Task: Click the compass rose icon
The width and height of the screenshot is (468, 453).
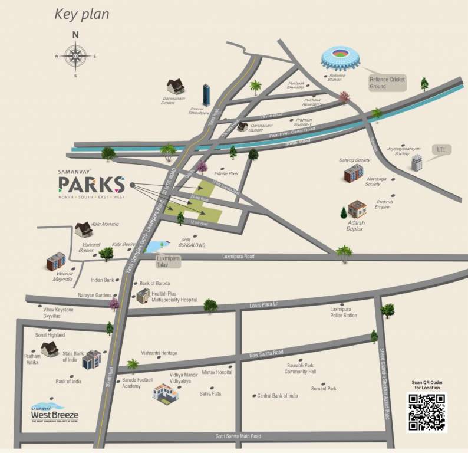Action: tap(75, 55)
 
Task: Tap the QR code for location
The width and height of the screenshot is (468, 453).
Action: tap(426, 412)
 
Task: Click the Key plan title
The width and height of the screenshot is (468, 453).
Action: tap(82, 14)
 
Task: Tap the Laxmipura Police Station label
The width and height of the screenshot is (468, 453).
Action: tap(344, 312)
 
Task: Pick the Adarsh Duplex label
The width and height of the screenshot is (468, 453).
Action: tap(355, 225)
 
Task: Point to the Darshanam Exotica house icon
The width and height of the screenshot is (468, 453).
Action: tap(175, 87)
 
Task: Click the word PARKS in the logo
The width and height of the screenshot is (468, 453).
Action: tap(91, 185)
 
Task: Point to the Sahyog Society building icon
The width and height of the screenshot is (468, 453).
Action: tap(354, 173)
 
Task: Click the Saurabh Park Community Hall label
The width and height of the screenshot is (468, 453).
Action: tap(301, 369)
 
